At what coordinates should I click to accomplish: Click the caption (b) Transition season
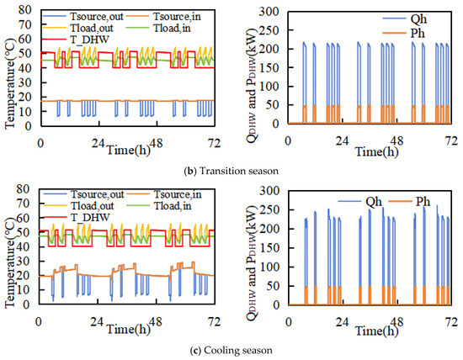pos(231,171)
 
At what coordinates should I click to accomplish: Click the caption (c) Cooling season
pos(231,351)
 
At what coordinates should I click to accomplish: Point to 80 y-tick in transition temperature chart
pos(24,10)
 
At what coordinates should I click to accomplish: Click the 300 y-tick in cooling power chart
pos(269,191)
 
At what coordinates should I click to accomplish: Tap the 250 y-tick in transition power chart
pos(269,30)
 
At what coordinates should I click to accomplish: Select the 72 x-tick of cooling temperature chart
pos(214,321)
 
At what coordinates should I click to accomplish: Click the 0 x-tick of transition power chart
pos(288,141)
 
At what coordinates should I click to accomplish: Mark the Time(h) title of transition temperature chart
pos(128,150)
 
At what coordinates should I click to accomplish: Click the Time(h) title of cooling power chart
pos(376,331)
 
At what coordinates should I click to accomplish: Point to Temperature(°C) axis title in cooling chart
pos(10,263)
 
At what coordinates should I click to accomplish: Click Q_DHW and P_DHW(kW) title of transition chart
pos(252,86)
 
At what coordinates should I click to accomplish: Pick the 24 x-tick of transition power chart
pos(342,141)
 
